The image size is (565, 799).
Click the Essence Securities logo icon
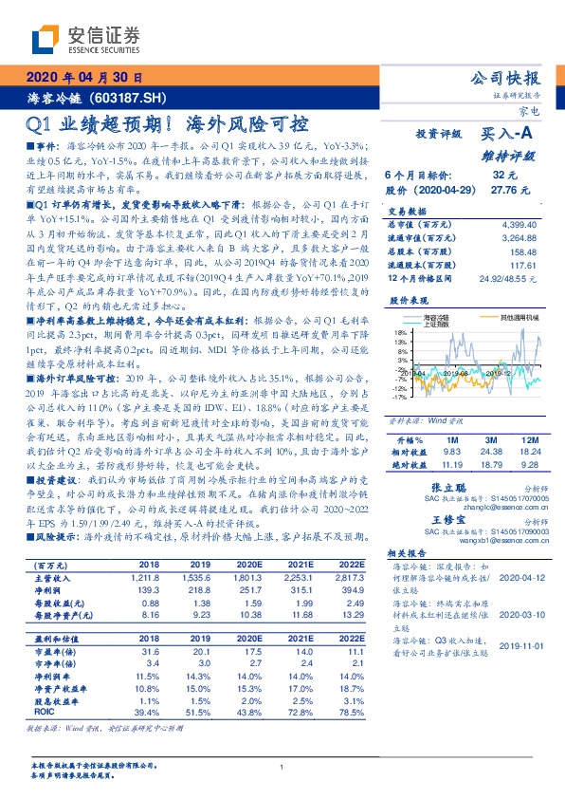[x=45, y=40]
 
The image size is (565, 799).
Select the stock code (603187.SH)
[x=129, y=98]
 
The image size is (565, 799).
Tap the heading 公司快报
[x=511, y=78]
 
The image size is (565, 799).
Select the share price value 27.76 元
[x=502, y=190]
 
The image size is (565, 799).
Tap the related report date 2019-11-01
[x=520, y=644]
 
